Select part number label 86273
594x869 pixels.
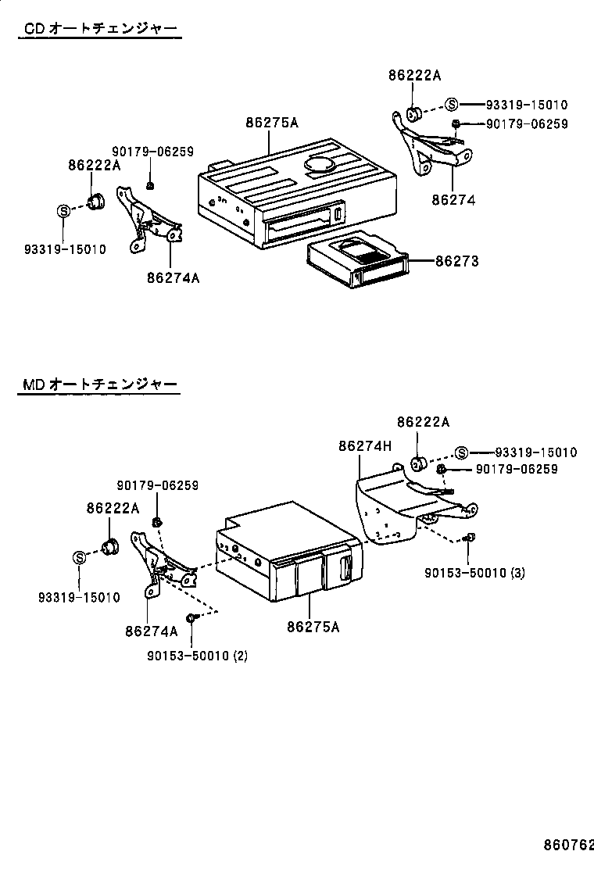tap(456, 262)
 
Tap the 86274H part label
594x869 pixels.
tap(364, 446)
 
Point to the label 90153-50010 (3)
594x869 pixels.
tap(474, 573)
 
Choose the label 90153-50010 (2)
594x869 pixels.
tap(197, 656)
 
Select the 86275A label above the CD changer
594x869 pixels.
tap(271, 123)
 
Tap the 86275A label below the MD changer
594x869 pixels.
tap(313, 626)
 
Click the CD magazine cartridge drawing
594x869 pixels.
tap(359, 262)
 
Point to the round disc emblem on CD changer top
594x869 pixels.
tap(321, 165)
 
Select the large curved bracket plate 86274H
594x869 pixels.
tap(391, 508)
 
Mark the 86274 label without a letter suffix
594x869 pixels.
tap(453, 200)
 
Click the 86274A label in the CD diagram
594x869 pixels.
tap(173, 277)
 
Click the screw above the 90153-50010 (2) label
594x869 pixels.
tap(192, 618)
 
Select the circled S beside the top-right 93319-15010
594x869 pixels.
tap(452, 104)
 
